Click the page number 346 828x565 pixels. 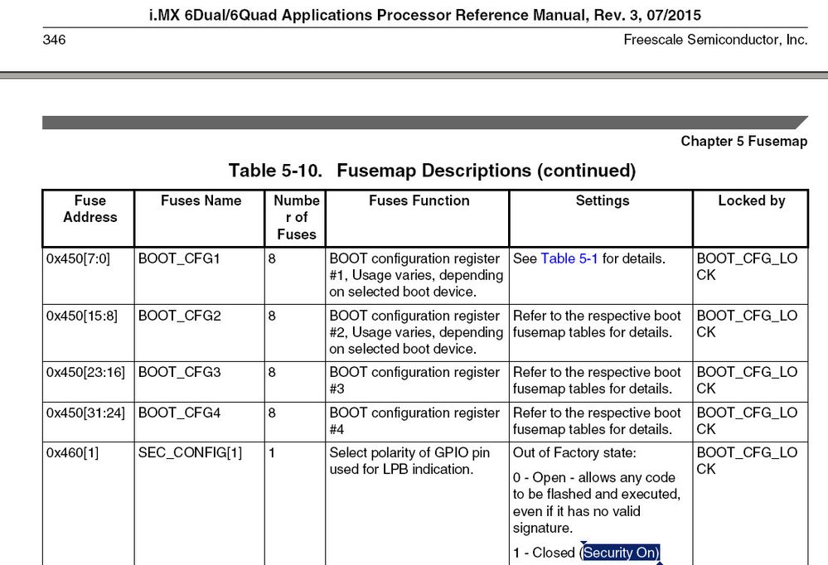click(55, 40)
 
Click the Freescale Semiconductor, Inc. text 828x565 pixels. click(715, 40)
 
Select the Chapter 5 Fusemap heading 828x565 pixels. click(743, 141)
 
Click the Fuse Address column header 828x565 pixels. click(90, 209)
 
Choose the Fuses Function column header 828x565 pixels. click(419, 200)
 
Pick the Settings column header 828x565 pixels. click(602, 200)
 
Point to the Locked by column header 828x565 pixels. click(751, 200)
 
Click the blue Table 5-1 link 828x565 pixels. click(569, 258)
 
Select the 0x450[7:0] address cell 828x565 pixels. click(79, 258)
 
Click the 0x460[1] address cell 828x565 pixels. click(72, 453)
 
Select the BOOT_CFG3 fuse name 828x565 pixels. click(180, 372)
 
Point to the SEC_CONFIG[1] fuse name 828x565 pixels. click(190, 453)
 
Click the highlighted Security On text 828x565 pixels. click(621, 553)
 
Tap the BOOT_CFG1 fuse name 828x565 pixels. click(180, 258)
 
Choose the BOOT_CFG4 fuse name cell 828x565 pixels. click(180, 413)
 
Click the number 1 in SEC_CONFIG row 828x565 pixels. click(272, 453)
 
